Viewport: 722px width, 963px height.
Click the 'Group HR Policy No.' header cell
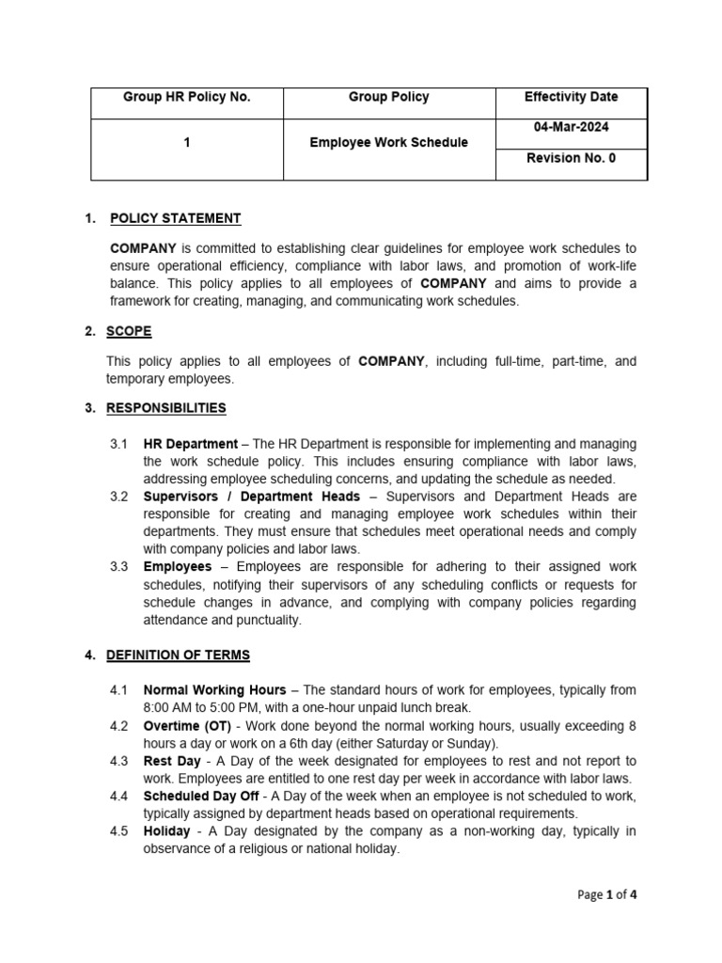click(186, 97)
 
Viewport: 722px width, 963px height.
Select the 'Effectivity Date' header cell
click(572, 97)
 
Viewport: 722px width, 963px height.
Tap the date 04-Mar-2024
click(572, 127)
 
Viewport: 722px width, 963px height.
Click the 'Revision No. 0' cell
click(572, 158)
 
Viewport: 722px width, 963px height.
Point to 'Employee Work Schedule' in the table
click(388, 142)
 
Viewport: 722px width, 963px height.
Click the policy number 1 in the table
click(186, 142)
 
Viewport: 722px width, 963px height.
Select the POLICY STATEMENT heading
click(175, 218)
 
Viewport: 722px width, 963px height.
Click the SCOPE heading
click(130, 331)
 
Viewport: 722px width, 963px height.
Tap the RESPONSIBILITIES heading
click(167, 408)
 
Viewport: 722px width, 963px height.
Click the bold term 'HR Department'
click(190, 444)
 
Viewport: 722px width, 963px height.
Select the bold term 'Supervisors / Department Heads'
click(251, 497)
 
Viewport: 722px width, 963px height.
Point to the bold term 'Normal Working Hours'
click(214, 690)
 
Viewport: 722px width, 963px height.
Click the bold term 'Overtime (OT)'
click(184, 726)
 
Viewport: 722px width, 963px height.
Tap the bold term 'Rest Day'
click(171, 761)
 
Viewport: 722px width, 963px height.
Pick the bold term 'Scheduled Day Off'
click(201, 797)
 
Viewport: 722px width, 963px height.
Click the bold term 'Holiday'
click(167, 831)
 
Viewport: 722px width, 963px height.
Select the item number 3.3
click(119, 567)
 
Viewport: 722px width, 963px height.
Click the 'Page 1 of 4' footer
click(608, 894)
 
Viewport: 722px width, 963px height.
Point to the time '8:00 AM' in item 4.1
click(167, 708)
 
